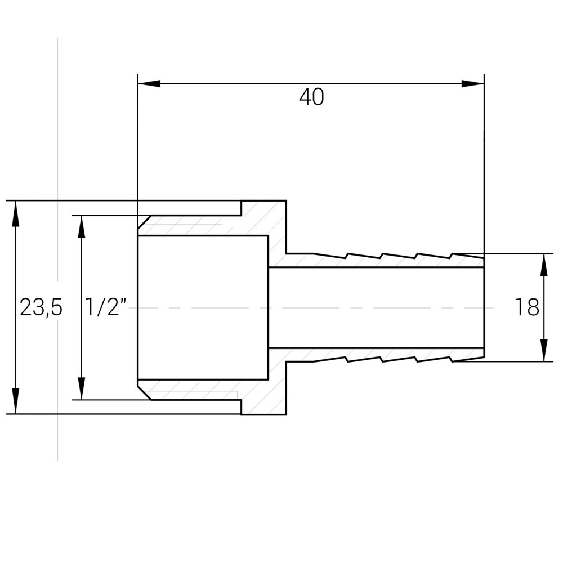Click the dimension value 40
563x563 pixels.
(x=311, y=97)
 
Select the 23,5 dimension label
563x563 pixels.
(x=41, y=307)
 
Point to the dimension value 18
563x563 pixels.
(x=526, y=307)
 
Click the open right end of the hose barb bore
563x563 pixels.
(x=482, y=307)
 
